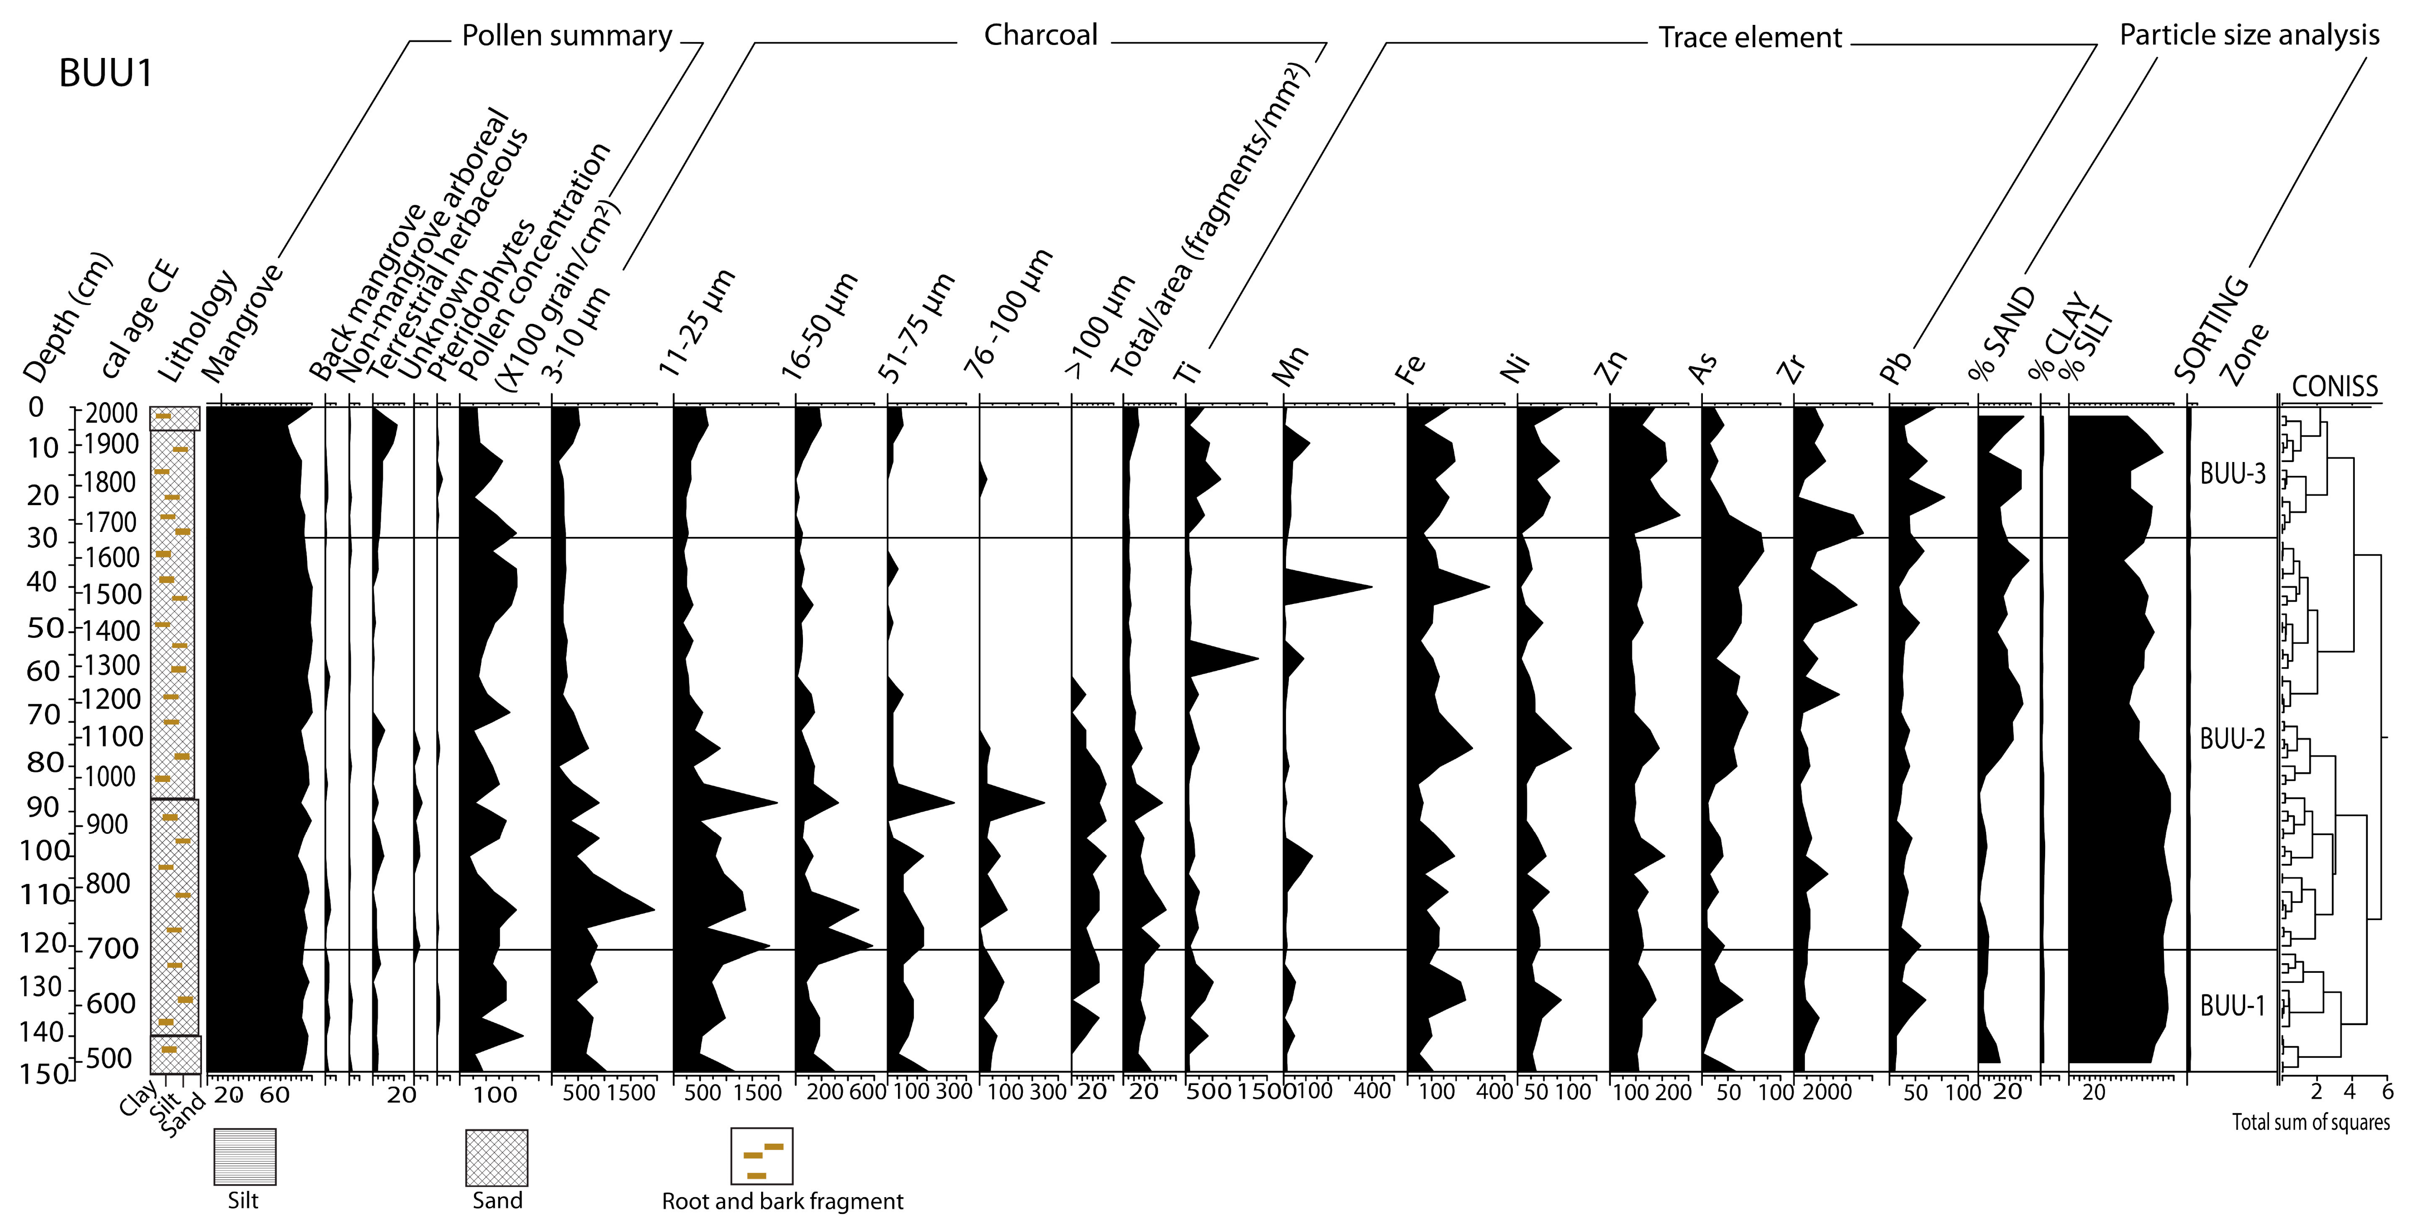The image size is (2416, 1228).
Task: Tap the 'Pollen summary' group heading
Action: (x=567, y=36)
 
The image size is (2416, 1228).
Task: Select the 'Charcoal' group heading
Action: (x=1040, y=36)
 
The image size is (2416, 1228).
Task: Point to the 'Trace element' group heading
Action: (x=1750, y=38)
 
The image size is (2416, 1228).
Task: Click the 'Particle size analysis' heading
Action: (x=2249, y=36)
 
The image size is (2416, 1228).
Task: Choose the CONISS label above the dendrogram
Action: (x=2334, y=386)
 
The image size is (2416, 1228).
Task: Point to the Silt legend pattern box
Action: (x=245, y=1157)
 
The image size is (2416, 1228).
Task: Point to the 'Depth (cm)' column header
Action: (x=66, y=319)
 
